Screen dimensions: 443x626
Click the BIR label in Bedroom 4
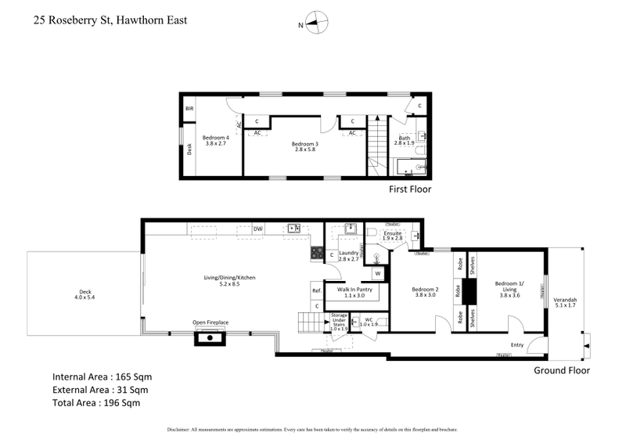point(189,109)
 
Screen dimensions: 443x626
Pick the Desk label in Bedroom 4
point(189,149)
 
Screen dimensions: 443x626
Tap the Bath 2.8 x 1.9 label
point(403,140)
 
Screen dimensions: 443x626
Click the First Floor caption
point(410,189)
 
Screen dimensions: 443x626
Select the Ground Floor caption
point(561,370)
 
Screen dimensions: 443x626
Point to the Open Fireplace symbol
point(210,337)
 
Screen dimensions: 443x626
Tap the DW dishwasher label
point(257,229)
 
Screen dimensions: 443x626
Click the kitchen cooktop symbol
point(318,253)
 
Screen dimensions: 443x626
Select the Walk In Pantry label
point(354,293)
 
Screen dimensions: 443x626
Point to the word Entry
point(517,344)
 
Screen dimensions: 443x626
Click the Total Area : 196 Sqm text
point(100,403)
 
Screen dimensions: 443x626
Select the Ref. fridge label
point(317,291)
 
